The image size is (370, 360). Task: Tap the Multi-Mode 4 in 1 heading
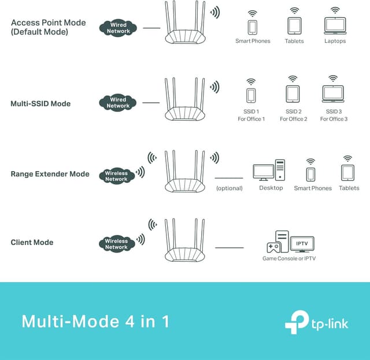[x=95, y=321]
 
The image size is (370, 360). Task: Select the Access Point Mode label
[x=48, y=27]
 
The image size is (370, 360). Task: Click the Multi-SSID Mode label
[x=40, y=103]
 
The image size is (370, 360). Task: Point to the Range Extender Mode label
[x=50, y=173]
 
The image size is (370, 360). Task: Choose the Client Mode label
[x=32, y=242]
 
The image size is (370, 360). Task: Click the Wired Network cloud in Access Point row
[x=118, y=27]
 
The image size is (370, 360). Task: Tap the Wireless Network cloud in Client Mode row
[x=116, y=243]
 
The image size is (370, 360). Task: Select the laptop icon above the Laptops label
[x=335, y=25]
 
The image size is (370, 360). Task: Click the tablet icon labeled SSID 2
[x=293, y=94]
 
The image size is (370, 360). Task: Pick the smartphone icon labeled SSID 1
[x=251, y=95]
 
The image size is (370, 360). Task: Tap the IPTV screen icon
[x=302, y=243]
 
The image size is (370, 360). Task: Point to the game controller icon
[x=273, y=247]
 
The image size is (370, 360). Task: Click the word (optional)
[x=229, y=188]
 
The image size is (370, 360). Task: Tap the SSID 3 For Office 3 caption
[x=333, y=115]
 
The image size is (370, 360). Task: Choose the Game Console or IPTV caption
[x=289, y=258]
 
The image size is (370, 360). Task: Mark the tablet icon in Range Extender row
[x=347, y=172]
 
